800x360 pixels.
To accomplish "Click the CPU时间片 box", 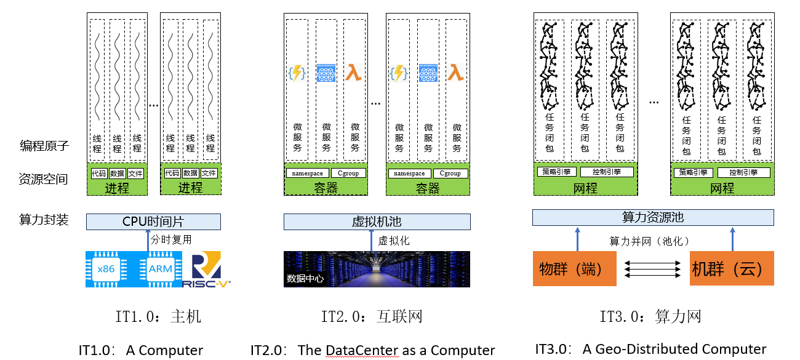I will tap(153, 222).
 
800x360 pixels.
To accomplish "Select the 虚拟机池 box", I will tap(377, 222).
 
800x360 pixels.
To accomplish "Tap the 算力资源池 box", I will tap(653, 218).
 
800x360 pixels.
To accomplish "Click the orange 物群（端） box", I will tap(574, 269).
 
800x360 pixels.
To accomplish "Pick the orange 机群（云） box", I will tap(732, 269).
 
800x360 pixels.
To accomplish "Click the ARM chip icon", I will tap(159, 269).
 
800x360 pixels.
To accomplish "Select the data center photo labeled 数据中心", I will tap(377, 269).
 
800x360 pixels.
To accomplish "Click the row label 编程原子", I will tap(44, 146).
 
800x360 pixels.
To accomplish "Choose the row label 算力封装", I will tap(44, 220).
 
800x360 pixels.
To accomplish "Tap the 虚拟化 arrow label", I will tap(394, 241).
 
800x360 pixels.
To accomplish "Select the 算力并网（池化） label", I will tap(649, 241).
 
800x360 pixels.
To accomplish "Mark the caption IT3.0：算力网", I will tap(650, 317).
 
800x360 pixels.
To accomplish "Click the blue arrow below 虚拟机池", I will tap(372, 241).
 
